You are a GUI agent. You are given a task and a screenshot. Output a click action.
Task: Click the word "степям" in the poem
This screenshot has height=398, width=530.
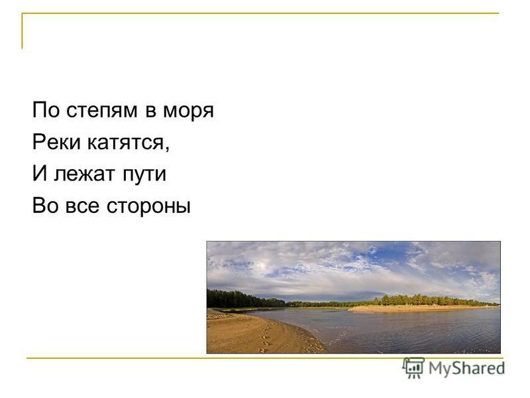click(102, 111)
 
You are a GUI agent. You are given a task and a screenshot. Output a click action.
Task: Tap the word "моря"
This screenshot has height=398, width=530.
click(188, 111)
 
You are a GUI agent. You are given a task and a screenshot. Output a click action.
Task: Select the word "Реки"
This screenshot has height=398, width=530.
click(56, 142)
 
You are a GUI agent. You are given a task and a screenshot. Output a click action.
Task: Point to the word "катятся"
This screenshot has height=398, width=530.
click(126, 143)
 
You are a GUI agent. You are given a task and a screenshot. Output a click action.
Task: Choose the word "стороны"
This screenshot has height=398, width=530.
click(148, 206)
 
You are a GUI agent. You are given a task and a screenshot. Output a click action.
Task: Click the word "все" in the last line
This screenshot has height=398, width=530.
click(82, 206)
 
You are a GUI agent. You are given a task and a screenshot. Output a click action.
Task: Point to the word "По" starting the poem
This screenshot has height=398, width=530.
click(46, 110)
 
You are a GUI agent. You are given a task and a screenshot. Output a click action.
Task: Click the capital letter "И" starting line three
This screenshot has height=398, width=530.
click(40, 173)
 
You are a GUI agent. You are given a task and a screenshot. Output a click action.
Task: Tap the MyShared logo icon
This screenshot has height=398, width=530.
click(413, 367)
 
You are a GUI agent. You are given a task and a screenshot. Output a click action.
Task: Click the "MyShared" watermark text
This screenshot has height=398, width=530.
click(466, 368)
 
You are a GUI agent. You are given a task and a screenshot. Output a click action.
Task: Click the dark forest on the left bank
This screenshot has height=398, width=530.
click(246, 299)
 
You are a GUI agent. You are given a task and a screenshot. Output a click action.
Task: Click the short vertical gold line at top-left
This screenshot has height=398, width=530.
click(23, 31)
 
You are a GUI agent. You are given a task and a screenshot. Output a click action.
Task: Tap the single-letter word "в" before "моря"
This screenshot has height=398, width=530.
click(151, 111)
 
